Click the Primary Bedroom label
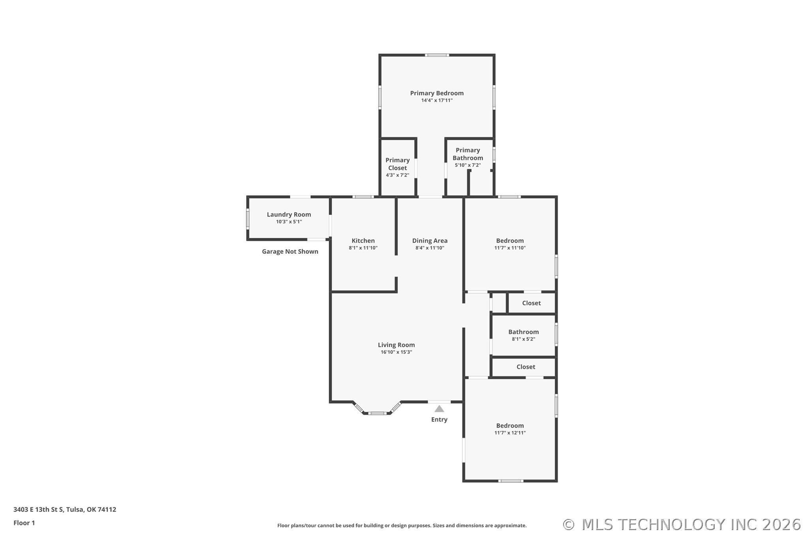coord(437,93)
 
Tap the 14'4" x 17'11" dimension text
coord(437,100)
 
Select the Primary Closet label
coord(397,164)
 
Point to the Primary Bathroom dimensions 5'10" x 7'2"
coord(468,165)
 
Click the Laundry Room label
coord(289,214)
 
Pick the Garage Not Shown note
coord(290,252)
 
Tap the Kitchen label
coord(363,241)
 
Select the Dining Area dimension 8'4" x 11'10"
coord(430,248)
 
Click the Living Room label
coord(396,345)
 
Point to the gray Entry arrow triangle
coord(439,409)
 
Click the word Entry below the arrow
coord(439,419)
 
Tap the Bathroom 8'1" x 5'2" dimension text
coord(523,339)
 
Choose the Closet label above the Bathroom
coord(531,303)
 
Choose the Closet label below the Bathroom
coord(526,367)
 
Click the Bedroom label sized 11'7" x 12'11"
coord(510,426)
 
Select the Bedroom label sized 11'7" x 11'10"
coord(510,241)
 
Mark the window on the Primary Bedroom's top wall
coord(437,55)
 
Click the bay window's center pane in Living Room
coord(377,413)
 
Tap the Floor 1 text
coord(24,523)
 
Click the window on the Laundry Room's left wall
coord(248,218)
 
